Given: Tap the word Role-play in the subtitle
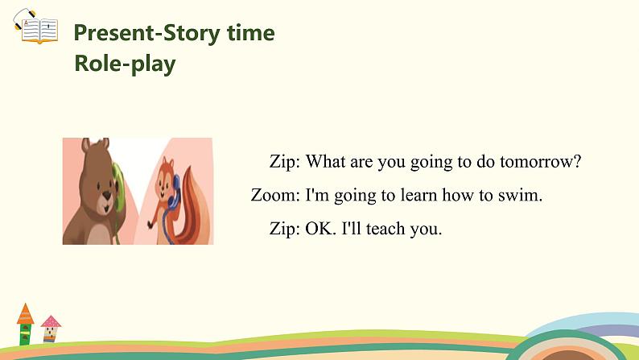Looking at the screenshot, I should pos(125,64).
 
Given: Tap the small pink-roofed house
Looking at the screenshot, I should pos(51,329).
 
